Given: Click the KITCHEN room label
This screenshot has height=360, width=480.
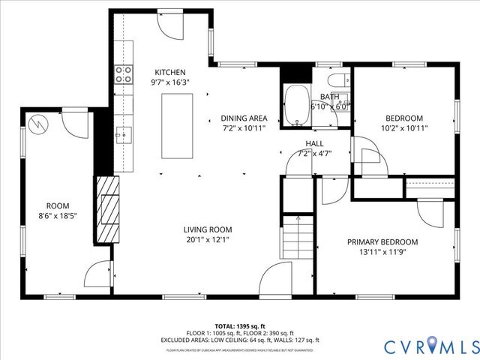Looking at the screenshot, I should point(169,72).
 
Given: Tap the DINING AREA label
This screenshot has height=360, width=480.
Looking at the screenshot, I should point(244,118).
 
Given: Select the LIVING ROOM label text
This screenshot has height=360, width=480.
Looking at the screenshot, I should point(208,230).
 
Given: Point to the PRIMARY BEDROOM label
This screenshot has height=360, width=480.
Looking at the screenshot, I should point(382,242).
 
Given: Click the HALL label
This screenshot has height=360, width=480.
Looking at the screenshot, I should point(313,143).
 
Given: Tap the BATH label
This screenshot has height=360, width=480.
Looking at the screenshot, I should point(329,97).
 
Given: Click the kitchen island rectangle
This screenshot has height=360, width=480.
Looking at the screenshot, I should point(177,125).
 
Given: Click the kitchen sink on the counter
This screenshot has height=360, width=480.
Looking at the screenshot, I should point(123,135).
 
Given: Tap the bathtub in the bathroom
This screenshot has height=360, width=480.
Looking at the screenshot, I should point(297,106).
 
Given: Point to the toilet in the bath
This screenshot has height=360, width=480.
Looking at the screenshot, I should point(336,80).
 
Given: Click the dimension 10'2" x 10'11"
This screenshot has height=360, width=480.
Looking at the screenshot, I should point(404,129).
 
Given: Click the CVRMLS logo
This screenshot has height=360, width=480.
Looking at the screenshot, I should point(430,346).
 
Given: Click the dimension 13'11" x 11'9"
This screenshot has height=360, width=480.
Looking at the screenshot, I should point(382,253).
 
